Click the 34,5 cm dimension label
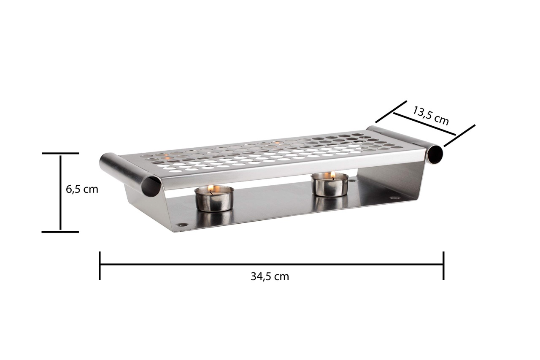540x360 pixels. [x=270, y=276]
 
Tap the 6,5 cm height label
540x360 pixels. [x=82, y=189]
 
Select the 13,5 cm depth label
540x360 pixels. [x=431, y=116]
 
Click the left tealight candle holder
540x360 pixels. [x=214, y=199]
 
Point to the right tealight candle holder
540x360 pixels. [x=330, y=185]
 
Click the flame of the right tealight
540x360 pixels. [x=333, y=174]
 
